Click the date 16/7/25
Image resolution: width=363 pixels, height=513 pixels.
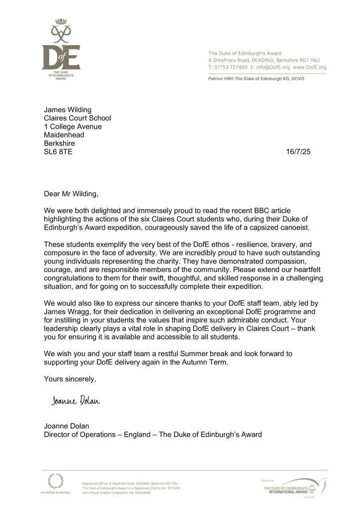[x=299, y=152]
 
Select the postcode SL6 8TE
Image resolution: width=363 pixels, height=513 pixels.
[x=58, y=152]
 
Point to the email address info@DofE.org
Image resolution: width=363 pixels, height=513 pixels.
[x=271, y=67]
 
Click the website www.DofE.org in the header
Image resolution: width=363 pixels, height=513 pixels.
[x=309, y=67]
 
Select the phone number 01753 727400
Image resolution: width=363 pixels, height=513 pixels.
[x=231, y=67]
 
